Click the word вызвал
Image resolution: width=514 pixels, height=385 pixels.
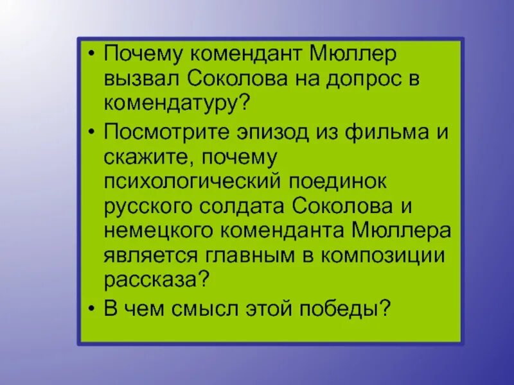[x=142, y=78]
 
